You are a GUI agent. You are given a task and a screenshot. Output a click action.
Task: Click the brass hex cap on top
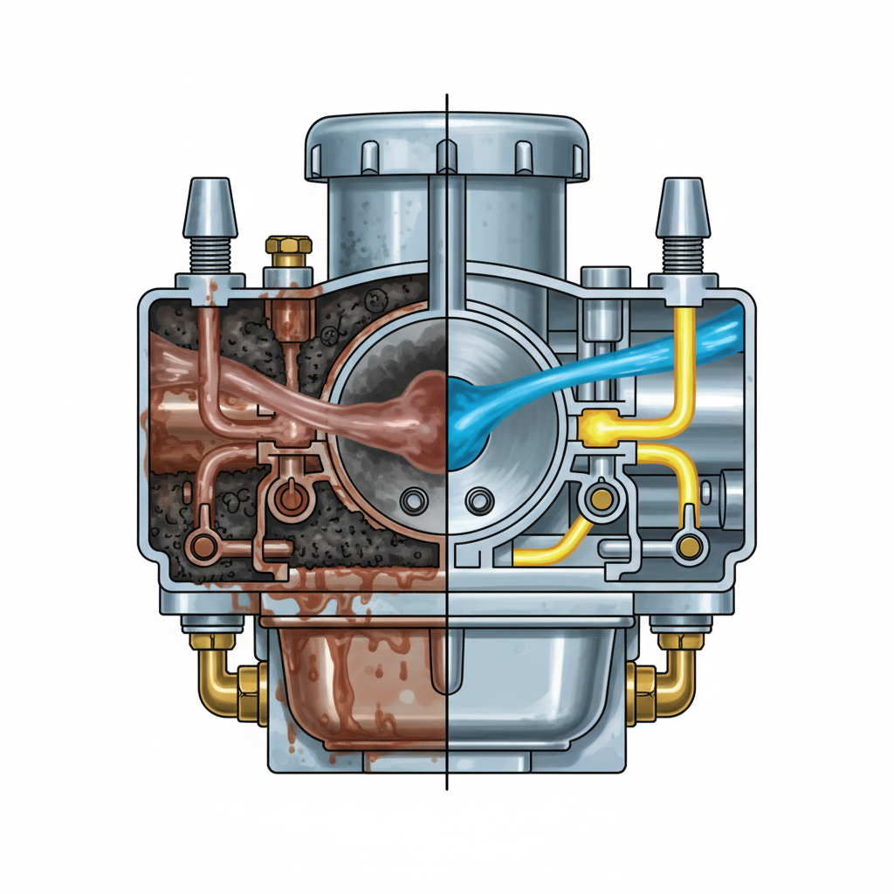(x=288, y=247)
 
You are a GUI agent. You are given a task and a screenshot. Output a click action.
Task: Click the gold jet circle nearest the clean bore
(x=600, y=499)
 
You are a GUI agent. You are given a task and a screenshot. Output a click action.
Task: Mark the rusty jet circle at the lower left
(x=204, y=547)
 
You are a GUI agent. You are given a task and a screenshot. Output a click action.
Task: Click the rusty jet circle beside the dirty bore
(x=288, y=499)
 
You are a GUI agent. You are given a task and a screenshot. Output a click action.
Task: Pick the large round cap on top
(x=447, y=148)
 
